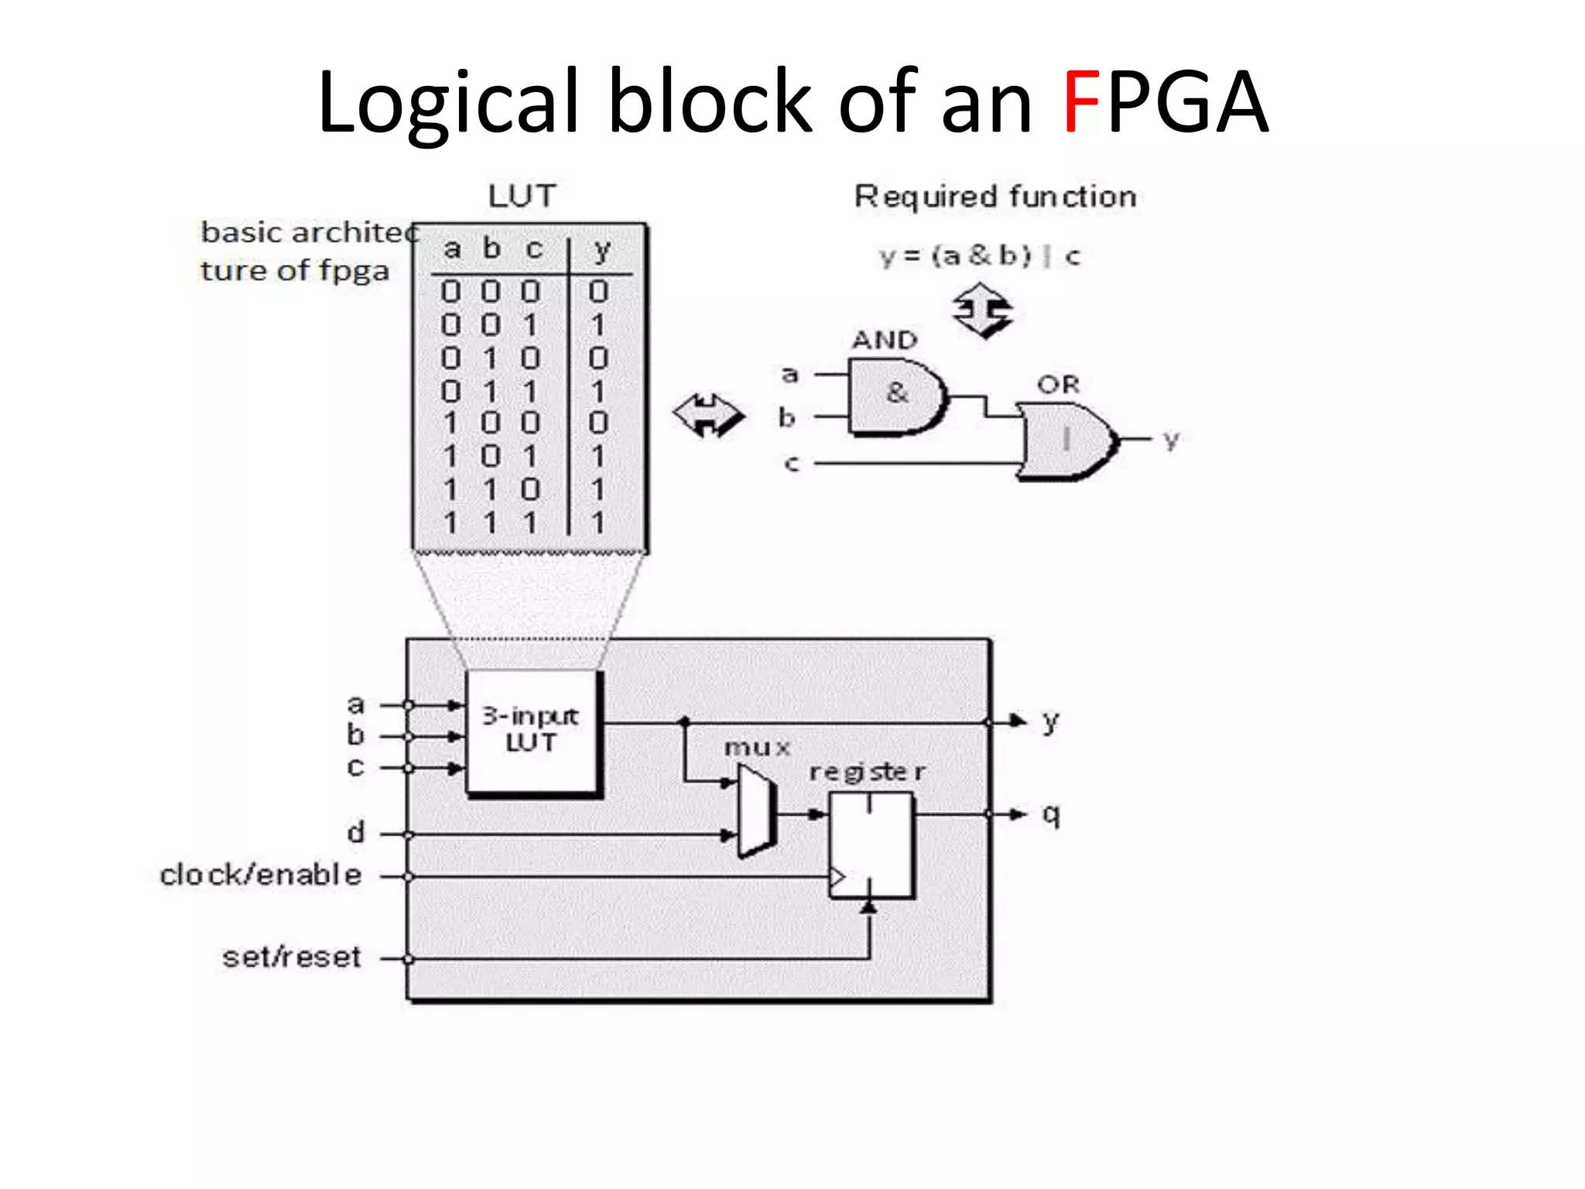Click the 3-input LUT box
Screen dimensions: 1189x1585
[532, 731]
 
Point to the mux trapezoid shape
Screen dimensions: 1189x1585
[755, 810]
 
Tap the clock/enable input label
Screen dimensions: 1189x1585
[261, 875]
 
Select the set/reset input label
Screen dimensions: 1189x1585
[292, 958]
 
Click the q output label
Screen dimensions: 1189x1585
[1050, 814]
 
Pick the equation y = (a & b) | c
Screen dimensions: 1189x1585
[980, 255]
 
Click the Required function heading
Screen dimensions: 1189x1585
[995, 197]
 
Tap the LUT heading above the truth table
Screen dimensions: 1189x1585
[522, 196]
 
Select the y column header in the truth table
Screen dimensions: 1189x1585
[601, 249]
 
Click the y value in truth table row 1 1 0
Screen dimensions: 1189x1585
[597, 489]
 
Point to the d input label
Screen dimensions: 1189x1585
[355, 833]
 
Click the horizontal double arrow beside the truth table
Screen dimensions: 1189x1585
[708, 415]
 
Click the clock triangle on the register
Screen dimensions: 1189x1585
[837, 877]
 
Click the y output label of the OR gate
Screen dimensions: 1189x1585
[1171, 440]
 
